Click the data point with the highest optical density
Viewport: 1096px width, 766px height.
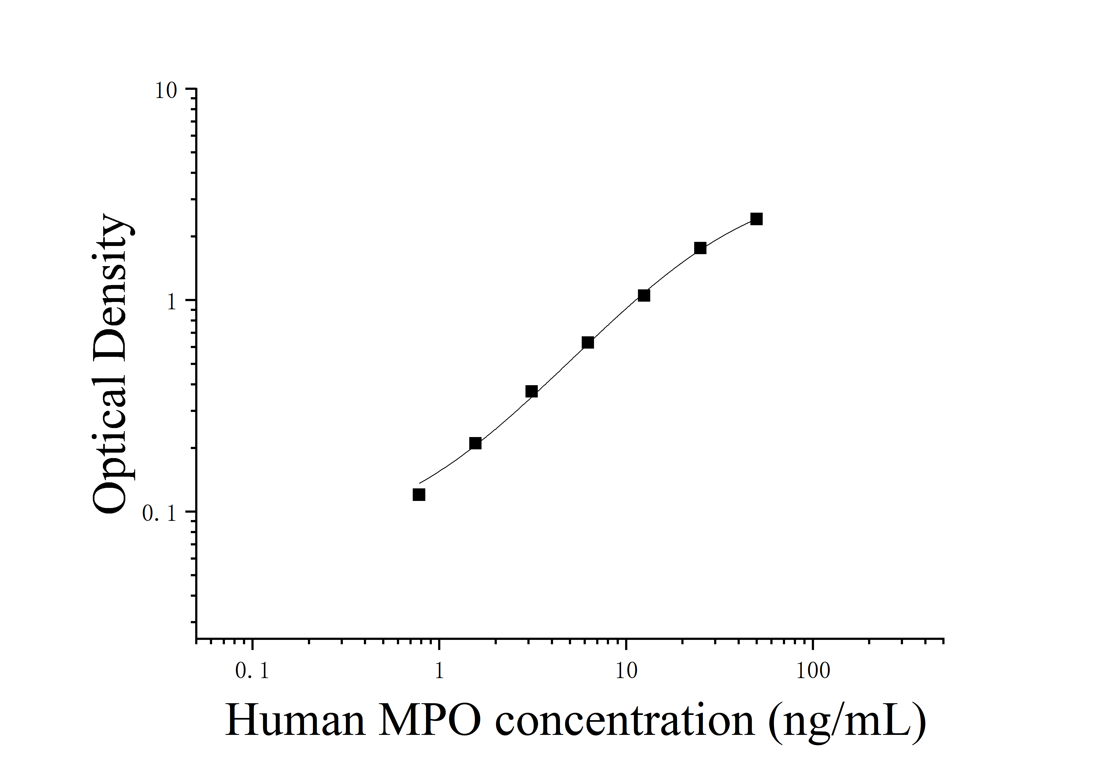(756, 219)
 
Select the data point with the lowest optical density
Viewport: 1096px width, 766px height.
(419, 494)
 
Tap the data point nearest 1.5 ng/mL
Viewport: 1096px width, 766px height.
(475, 443)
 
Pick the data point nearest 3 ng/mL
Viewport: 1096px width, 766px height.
(531, 391)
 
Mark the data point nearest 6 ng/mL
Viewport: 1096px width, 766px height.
(588, 342)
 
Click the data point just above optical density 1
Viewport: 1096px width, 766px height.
(643, 295)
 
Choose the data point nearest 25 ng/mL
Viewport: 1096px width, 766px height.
(700, 248)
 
